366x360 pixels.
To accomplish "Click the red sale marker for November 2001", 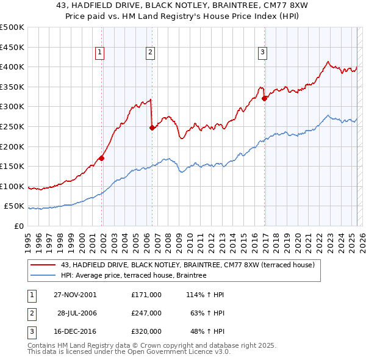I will pyautogui.click(x=102, y=158).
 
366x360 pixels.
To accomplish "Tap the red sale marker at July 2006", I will pyautogui.click(x=152, y=128).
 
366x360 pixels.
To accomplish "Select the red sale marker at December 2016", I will pyautogui.click(x=264, y=98).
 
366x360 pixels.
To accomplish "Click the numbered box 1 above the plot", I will pyautogui.click(x=99, y=52).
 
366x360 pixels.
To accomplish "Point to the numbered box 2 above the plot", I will pyautogui.click(x=149, y=52).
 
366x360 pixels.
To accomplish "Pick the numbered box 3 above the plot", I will pyautogui.click(x=262, y=52).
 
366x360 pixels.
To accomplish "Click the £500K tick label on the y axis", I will pyautogui.click(x=12, y=27).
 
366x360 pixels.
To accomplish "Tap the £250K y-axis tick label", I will pyautogui.click(x=12, y=126).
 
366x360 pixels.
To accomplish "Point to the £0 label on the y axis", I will pyautogui.click(x=18, y=226).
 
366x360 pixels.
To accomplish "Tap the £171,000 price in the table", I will pyautogui.click(x=146, y=295).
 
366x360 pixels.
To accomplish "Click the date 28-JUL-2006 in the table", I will pyautogui.click(x=77, y=313).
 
